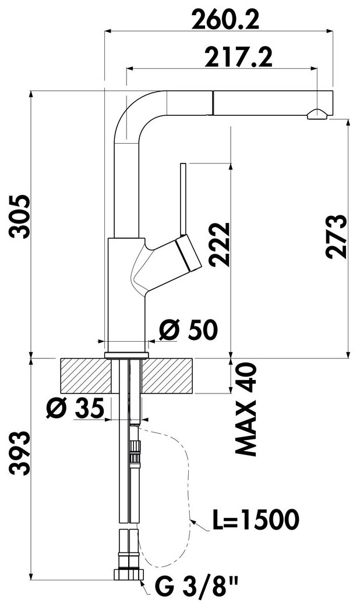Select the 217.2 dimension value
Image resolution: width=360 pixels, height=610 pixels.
pos(239,57)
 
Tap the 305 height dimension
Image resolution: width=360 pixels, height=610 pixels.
pos(19,217)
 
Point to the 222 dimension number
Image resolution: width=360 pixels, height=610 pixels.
pos(218,244)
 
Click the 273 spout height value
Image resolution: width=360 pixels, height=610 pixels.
pos(336,236)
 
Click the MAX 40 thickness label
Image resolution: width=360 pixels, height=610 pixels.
pos(246,409)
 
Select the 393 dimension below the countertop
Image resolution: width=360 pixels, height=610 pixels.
pos(19,453)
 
